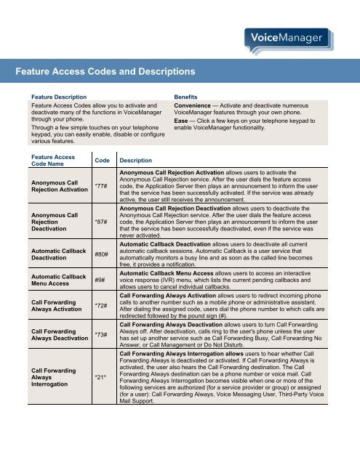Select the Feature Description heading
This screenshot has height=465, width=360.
[x=55, y=97]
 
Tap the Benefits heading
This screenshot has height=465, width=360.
[x=188, y=97]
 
